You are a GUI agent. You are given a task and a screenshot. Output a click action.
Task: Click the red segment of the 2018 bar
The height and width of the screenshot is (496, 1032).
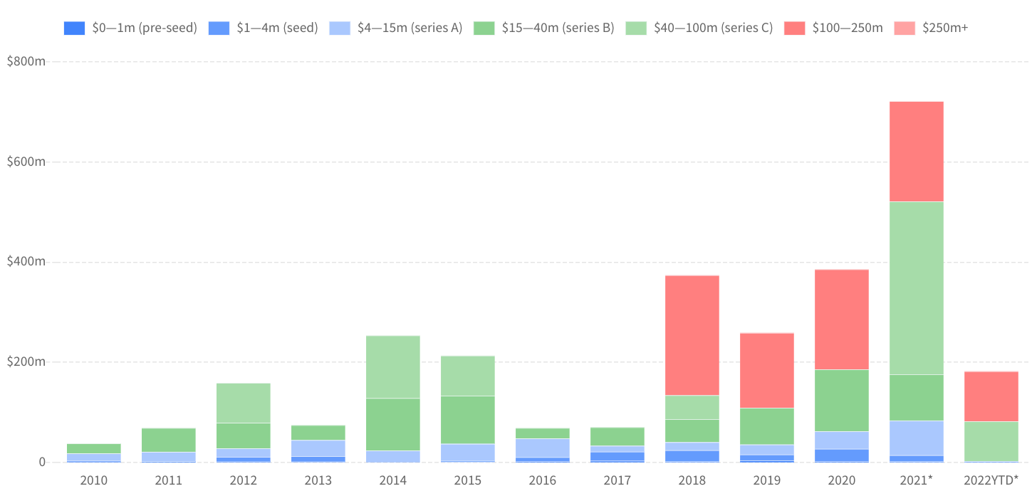click(692, 334)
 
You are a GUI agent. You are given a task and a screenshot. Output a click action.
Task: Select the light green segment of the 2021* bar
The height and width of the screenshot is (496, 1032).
click(916, 287)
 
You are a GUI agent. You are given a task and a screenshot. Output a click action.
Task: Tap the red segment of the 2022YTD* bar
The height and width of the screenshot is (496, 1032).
click(991, 396)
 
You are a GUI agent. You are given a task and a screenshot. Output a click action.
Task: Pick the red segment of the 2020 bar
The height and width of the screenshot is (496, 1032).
click(841, 319)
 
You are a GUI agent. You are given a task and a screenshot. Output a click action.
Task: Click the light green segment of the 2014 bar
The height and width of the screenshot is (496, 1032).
click(392, 366)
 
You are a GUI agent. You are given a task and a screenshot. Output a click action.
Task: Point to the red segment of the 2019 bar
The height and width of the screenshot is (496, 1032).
click(766, 370)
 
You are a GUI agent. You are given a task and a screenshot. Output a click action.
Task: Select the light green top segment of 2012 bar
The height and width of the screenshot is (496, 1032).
click(243, 403)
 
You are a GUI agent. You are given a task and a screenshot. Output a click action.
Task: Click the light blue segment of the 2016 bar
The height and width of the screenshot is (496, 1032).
click(542, 448)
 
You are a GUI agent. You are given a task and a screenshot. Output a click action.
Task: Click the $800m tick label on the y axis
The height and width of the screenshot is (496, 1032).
click(26, 62)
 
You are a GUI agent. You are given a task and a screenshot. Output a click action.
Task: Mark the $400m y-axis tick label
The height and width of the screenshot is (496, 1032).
click(26, 262)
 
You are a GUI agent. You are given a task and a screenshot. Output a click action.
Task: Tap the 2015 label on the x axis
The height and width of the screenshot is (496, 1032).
click(467, 480)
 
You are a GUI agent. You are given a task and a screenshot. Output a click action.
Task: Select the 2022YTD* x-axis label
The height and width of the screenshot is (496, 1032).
click(991, 480)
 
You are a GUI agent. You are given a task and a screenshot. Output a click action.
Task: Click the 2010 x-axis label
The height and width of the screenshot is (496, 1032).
click(93, 480)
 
